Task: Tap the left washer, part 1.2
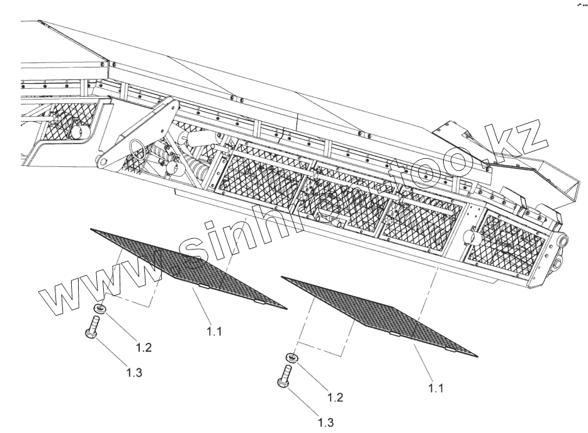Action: pyautogui.click(x=99, y=308)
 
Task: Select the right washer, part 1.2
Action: pyautogui.click(x=291, y=359)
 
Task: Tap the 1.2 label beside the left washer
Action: pyautogui.click(x=144, y=346)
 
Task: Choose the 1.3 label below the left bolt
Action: pyautogui.click(x=133, y=372)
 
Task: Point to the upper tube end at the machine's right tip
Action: pyautogui.click(x=561, y=241)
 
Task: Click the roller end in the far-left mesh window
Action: pyautogui.click(x=79, y=132)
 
